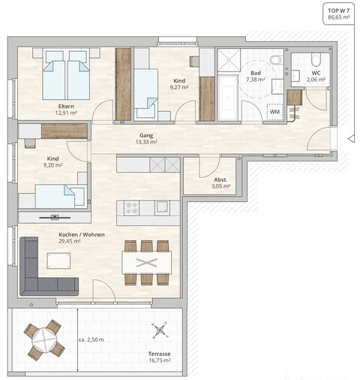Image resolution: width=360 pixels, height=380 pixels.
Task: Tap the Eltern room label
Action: [66, 106]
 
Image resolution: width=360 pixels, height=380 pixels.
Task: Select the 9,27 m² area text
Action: [178, 87]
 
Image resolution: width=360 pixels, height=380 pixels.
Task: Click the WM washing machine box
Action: [275, 112]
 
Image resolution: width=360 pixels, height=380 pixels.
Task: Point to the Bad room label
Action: [255, 73]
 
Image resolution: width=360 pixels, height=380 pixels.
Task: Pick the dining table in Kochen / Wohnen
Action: [147, 262]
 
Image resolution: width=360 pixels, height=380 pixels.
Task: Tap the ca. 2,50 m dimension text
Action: [94, 340]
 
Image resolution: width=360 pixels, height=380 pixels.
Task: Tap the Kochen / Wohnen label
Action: [82, 234]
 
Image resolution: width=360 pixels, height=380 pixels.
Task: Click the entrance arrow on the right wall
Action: [350, 138]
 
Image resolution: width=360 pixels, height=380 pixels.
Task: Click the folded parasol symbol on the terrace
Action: [159, 329]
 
